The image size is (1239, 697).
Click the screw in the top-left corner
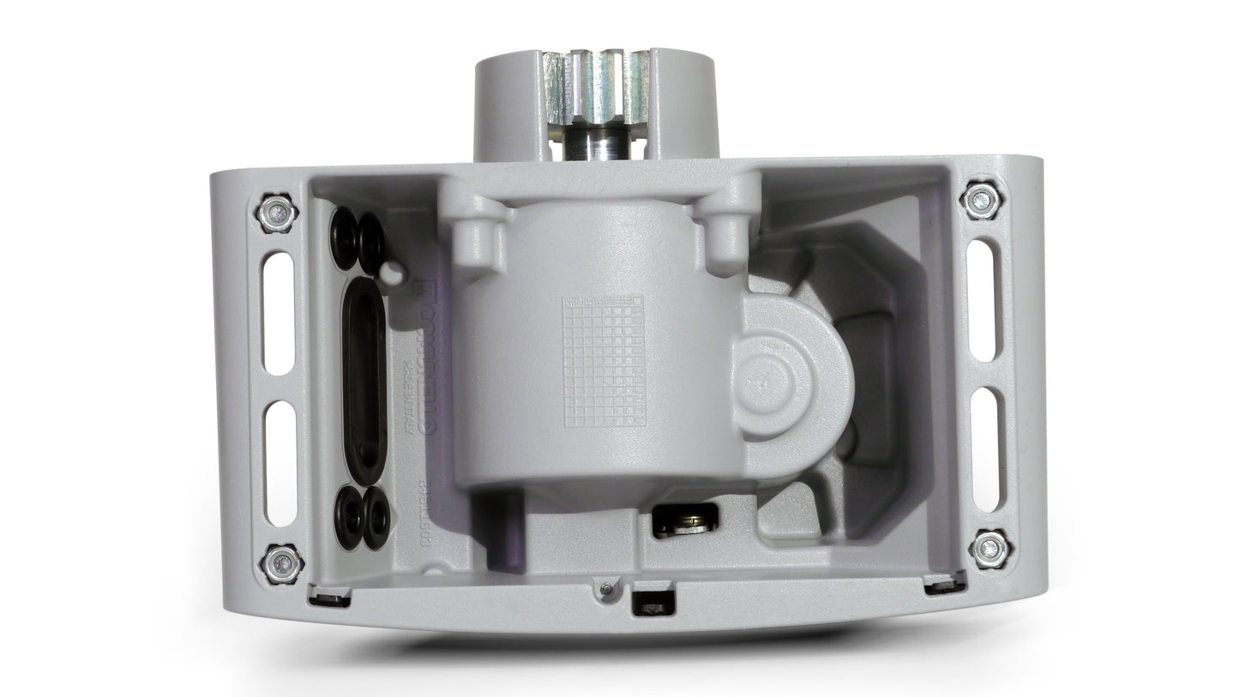pos(277,213)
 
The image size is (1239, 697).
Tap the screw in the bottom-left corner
pos(282,563)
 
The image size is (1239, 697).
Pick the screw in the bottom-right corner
pos(990,548)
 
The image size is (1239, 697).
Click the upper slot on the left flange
pos(279,312)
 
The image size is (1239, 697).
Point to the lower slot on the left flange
pos(280,464)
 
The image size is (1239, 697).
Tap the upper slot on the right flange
pos(982,300)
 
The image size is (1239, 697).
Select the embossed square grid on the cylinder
pos(603,361)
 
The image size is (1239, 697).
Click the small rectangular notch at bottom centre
pos(653,604)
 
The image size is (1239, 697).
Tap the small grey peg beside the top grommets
pos(394,273)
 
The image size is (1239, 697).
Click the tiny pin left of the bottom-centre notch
pos(606,588)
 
